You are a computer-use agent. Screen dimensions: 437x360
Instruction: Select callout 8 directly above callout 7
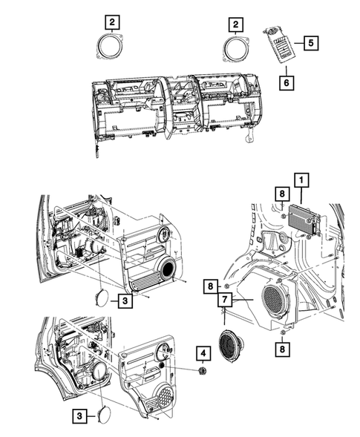tap(211, 286)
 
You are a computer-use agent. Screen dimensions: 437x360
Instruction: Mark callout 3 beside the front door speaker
tap(125, 300)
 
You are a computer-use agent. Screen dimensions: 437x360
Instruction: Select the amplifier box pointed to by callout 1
tap(305, 219)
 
